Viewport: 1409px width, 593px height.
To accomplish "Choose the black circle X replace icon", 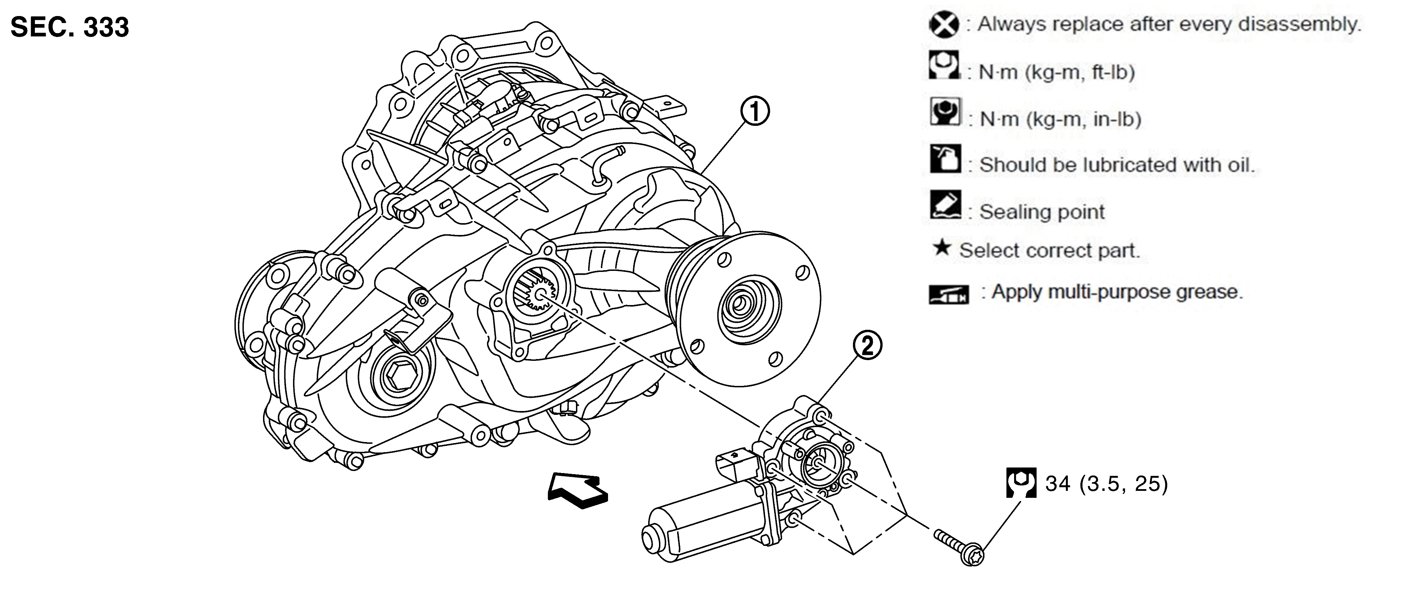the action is (944, 25).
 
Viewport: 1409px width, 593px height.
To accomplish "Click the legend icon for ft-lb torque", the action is (944, 65).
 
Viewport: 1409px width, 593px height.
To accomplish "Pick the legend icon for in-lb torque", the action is (945, 112).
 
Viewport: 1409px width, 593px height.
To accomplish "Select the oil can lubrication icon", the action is (945, 159).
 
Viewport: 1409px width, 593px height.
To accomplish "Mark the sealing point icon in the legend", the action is (945, 205).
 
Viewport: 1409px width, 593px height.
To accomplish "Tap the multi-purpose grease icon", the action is (949, 294).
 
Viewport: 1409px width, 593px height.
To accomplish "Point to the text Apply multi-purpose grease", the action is (1117, 292).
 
